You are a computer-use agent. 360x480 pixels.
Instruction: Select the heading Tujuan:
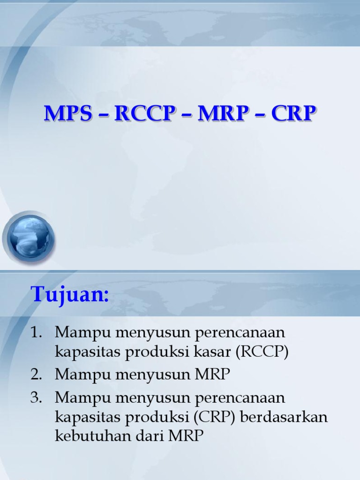(70, 295)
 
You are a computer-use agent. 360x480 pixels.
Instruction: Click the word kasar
(220, 352)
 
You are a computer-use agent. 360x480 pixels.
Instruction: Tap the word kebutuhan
(86, 436)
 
